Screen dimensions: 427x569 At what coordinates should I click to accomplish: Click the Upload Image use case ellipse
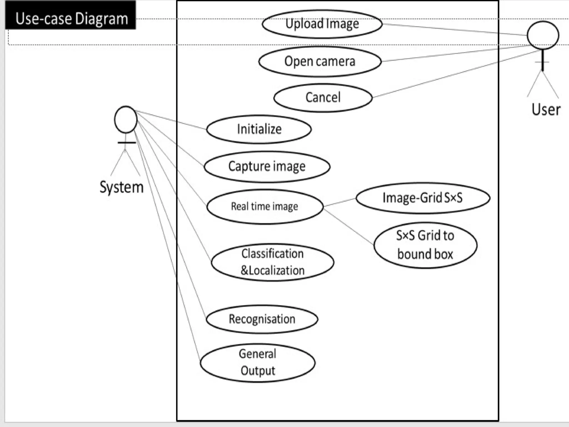tap(322, 24)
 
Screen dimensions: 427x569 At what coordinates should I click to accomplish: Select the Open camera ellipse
tap(320, 61)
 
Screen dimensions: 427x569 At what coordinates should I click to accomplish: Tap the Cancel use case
tap(323, 98)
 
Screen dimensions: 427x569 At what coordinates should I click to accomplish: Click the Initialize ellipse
tap(259, 129)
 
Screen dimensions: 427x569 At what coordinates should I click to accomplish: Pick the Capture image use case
tap(267, 167)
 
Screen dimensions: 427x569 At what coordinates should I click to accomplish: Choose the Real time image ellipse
tap(264, 207)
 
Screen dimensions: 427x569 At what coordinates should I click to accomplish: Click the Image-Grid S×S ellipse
tap(423, 198)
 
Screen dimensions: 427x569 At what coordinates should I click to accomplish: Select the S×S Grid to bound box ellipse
tap(425, 245)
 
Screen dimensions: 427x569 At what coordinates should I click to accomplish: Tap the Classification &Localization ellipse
tap(272, 262)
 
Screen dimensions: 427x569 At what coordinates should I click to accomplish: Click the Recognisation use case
tap(262, 319)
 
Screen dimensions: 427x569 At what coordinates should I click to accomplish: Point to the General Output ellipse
tap(258, 363)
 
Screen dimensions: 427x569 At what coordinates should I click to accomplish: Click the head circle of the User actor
tap(543, 35)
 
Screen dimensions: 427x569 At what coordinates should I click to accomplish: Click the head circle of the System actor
tap(126, 120)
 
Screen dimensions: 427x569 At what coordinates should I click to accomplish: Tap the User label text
tap(546, 110)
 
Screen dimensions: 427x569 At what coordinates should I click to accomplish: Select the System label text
tap(121, 187)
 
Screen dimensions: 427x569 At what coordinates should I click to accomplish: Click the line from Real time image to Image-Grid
tap(340, 202)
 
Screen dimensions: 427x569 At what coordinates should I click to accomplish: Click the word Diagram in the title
tap(101, 19)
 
